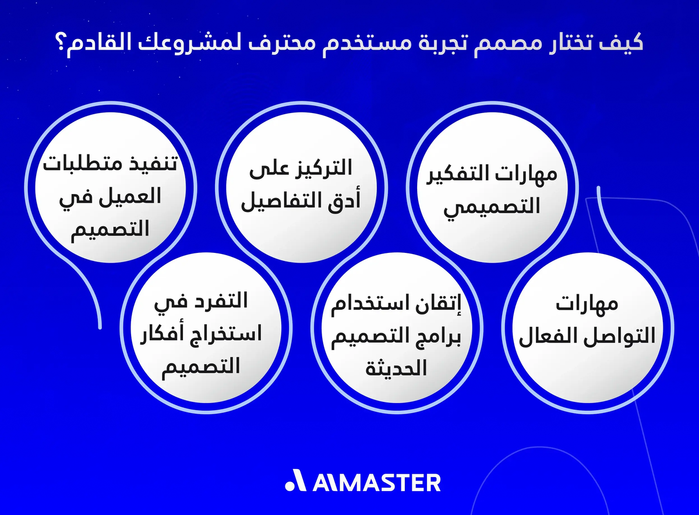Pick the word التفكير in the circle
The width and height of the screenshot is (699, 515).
coord(480,174)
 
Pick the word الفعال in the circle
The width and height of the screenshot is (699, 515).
coord(547,336)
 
